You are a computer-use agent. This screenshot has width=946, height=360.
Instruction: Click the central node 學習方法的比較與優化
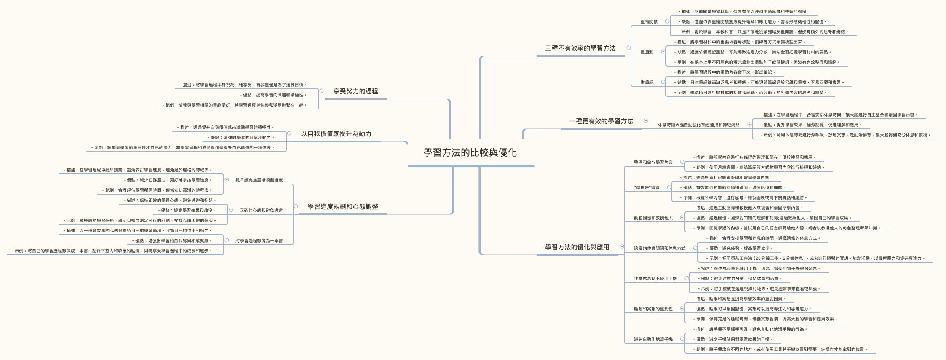pyautogui.click(x=470, y=153)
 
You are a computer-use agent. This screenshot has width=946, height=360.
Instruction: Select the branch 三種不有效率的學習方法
pyautogui.click(x=580, y=48)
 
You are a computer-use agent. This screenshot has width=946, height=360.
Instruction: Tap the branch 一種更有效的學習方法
pyautogui.click(x=601, y=121)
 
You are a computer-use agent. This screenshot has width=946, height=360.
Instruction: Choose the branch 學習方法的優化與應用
pyautogui.click(x=577, y=247)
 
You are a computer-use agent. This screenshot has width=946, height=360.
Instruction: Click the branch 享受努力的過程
pyautogui.click(x=355, y=91)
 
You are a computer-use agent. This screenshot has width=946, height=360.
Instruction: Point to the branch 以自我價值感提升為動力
pyautogui.click(x=336, y=134)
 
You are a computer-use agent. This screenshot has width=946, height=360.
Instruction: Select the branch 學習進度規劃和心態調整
pyautogui.click(x=343, y=207)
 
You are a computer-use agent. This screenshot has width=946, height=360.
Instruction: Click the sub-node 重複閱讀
pyautogui.click(x=649, y=22)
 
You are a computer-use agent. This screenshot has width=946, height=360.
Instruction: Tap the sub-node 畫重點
pyautogui.click(x=647, y=52)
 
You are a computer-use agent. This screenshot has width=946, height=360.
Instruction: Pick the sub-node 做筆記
pyautogui.click(x=647, y=83)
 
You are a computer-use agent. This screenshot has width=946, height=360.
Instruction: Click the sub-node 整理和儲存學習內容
pyautogui.click(x=653, y=163)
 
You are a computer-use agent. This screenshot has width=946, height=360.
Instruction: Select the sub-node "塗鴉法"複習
pyautogui.click(x=647, y=188)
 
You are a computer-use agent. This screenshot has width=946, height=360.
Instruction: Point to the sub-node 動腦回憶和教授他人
pyautogui.click(x=653, y=218)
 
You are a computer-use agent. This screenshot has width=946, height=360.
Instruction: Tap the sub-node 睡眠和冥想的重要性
pyautogui.click(x=653, y=309)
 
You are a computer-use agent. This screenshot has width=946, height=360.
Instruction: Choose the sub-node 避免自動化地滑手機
pyautogui.click(x=653, y=339)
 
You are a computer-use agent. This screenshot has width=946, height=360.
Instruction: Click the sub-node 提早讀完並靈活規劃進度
pyautogui.click(x=259, y=180)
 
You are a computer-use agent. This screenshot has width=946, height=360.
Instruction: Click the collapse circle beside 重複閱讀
pyautogui.click(x=667, y=21)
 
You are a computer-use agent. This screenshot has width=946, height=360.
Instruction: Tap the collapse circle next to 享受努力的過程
pyautogui.click(x=321, y=91)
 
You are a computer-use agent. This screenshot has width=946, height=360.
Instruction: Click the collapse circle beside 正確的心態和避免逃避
pyautogui.click(x=231, y=210)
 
